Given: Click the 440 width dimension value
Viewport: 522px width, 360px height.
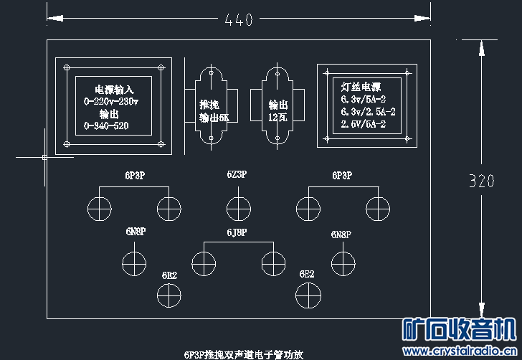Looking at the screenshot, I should tap(239, 20).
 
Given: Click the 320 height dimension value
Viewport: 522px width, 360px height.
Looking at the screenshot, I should tap(481, 181).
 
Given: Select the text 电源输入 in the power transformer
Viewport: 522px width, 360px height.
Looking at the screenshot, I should tap(114, 90).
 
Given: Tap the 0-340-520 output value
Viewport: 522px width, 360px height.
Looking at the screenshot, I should tap(106, 125).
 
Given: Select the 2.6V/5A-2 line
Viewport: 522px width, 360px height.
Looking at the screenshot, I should tap(364, 124).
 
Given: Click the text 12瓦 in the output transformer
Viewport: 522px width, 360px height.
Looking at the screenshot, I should tap(278, 117).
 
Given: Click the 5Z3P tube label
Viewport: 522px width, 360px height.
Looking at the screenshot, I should tap(237, 174).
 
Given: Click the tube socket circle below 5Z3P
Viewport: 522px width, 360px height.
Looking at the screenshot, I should tap(239, 209).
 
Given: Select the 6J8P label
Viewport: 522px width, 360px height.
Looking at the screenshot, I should tap(237, 232).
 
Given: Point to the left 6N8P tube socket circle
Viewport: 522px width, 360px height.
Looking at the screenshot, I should tap(134, 263).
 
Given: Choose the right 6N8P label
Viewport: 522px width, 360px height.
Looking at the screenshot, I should tap(341, 235).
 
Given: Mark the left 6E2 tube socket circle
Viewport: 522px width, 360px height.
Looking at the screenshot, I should tap(169, 293).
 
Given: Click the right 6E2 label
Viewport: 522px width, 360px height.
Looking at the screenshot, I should tap(307, 274).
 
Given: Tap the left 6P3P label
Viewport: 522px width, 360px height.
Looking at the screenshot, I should tap(134, 174).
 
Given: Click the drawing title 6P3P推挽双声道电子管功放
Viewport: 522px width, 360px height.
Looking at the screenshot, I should tap(244, 354).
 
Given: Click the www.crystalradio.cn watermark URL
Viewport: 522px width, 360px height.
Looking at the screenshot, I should tap(460, 351).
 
